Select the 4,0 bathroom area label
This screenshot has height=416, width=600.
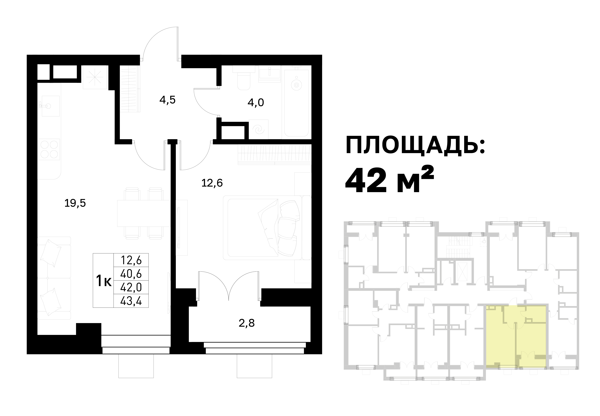click(x=256, y=103)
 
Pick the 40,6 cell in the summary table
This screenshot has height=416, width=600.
click(x=131, y=274)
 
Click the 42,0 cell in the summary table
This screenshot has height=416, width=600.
click(x=131, y=287)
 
